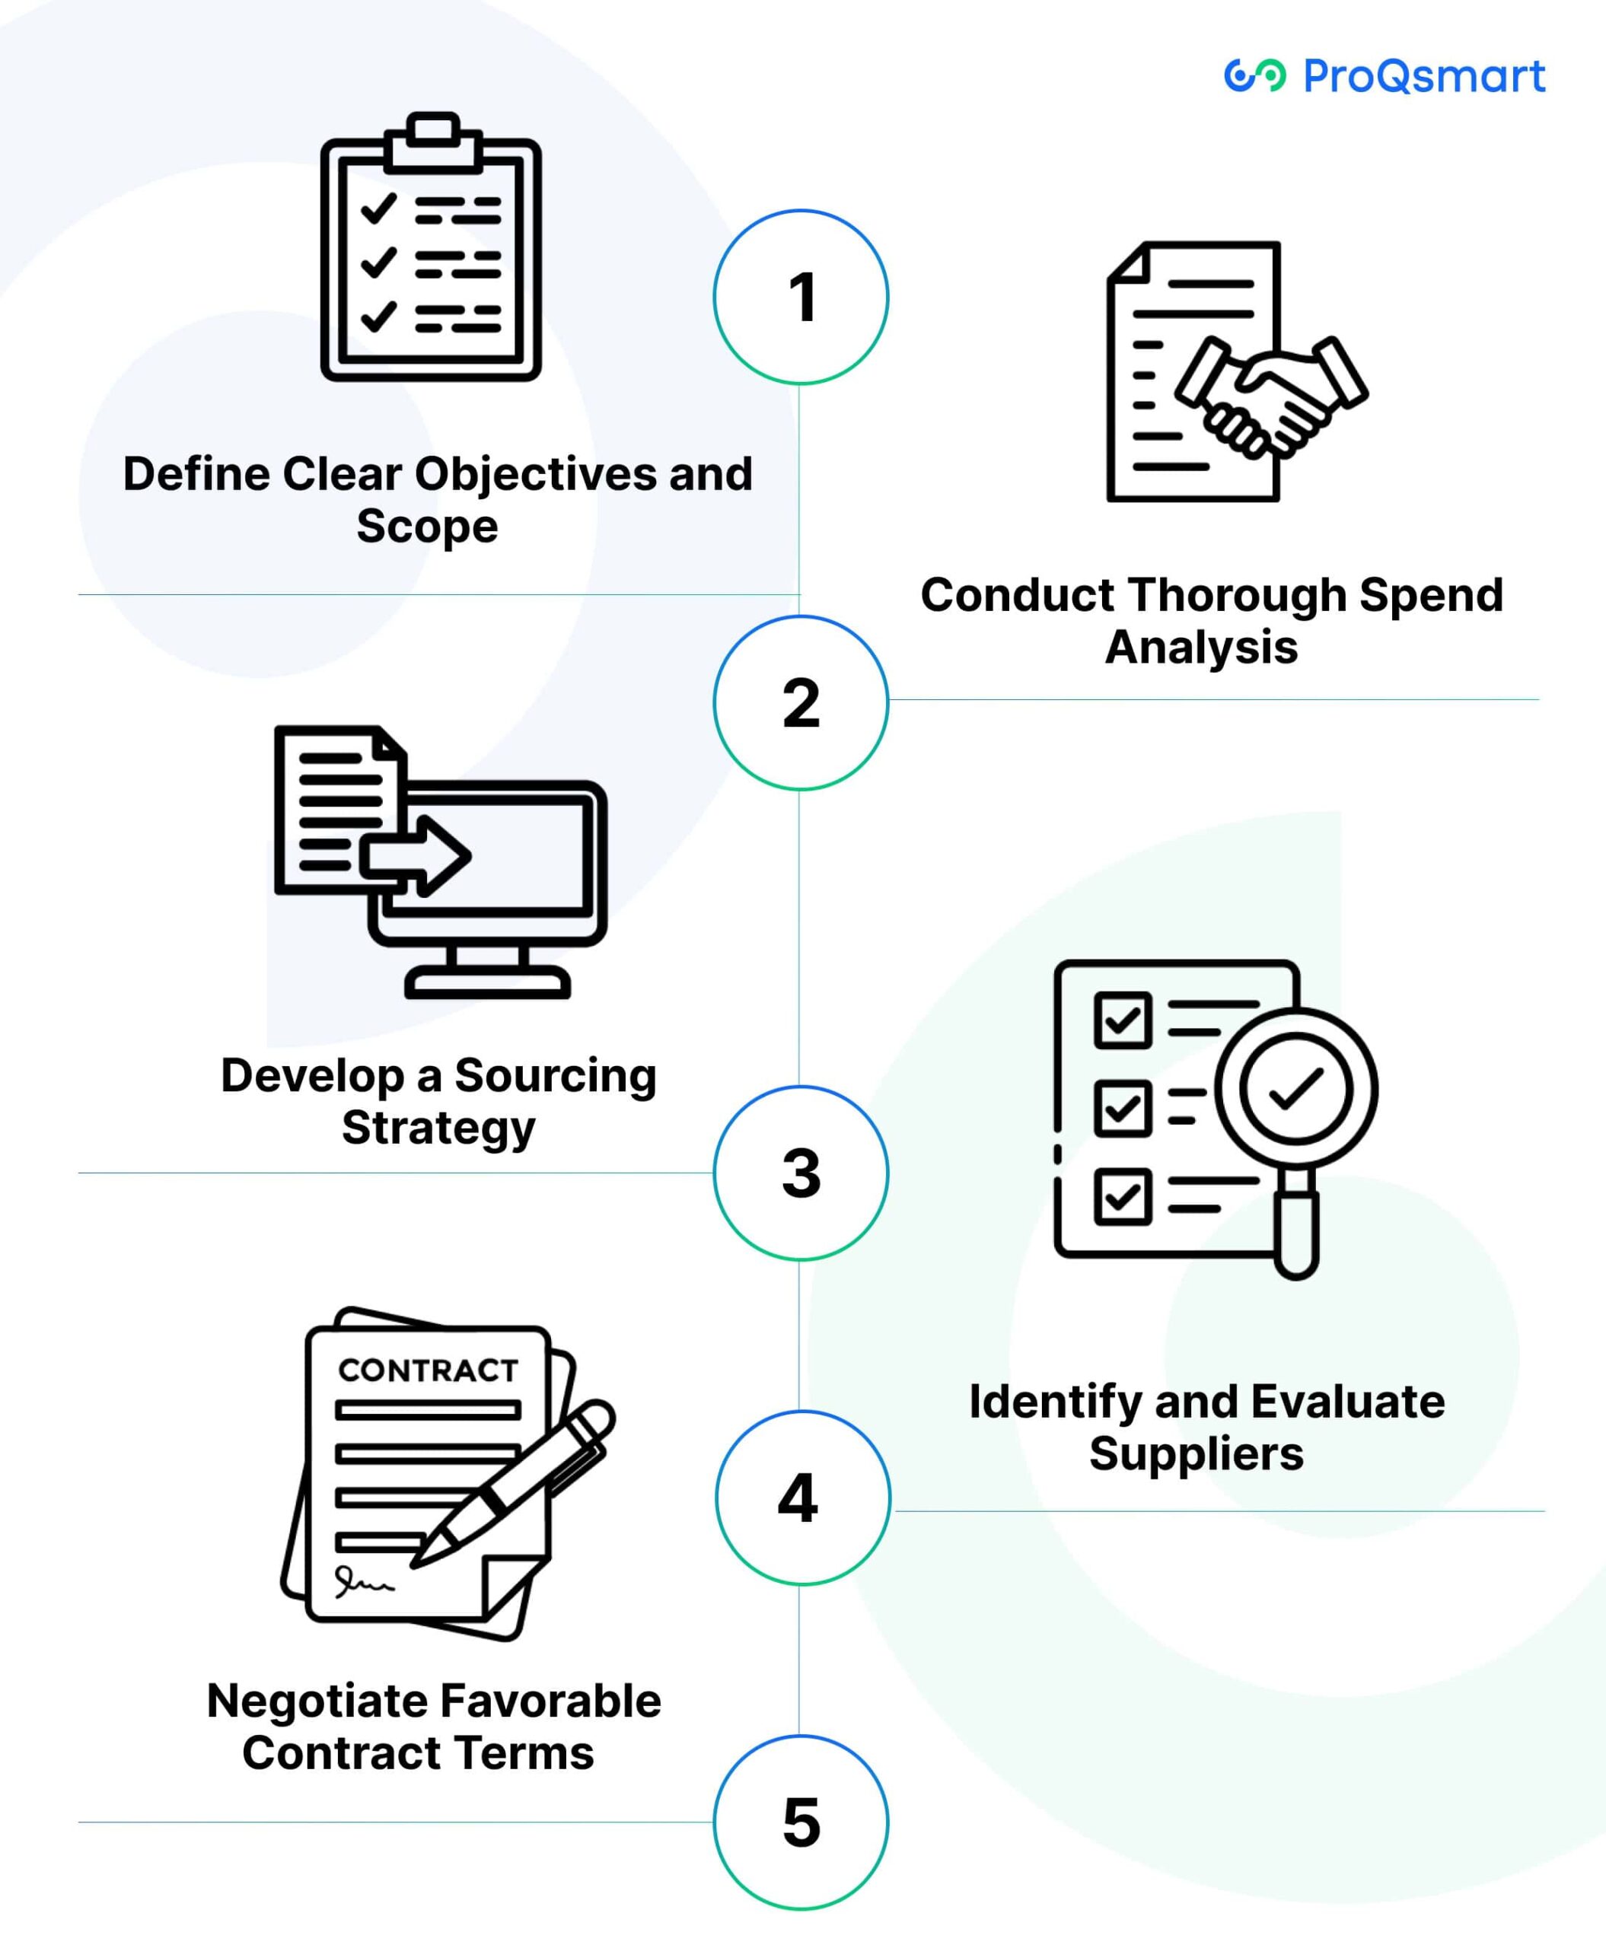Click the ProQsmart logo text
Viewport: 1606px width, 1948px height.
coord(1423,76)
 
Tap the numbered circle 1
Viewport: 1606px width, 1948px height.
coord(801,297)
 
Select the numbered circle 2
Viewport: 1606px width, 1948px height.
coord(801,703)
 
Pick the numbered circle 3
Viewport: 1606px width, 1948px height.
coord(801,1173)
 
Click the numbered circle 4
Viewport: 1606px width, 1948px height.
coord(801,1498)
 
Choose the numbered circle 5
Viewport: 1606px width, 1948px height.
coord(801,1822)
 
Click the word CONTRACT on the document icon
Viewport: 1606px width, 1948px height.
coord(428,1370)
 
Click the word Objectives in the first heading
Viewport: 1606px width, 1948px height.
coord(536,475)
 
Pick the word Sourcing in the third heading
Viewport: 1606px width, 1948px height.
coord(555,1076)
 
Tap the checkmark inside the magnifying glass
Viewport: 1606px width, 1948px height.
coord(1296,1089)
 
